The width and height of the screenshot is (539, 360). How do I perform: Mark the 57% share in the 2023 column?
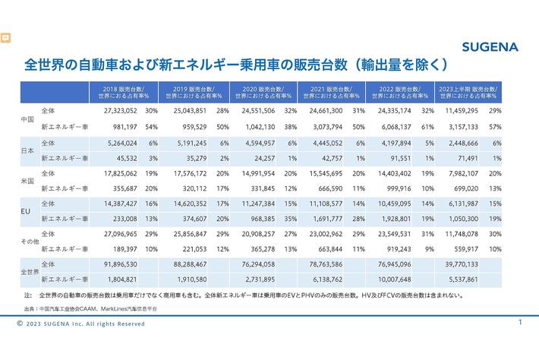click(x=495, y=125)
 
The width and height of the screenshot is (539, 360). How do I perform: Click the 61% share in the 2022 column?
click(x=427, y=125)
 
